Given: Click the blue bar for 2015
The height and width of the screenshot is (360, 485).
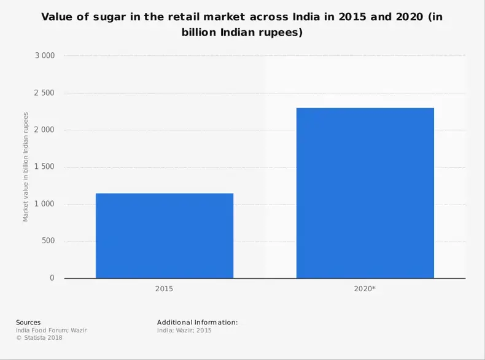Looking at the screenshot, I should click(x=165, y=236).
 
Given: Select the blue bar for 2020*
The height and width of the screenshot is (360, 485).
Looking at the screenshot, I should click(x=365, y=193).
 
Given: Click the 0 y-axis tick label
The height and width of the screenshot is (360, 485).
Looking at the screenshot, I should click(x=52, y=278).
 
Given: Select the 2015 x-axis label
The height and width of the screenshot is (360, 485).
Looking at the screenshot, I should click(x=165, y=288).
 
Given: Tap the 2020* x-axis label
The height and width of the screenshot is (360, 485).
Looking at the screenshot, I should click(x=365, y=288).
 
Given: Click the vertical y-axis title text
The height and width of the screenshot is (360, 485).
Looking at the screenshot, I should click(x=26, y=166).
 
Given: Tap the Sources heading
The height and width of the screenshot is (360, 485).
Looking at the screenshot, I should click(x=28, y=322).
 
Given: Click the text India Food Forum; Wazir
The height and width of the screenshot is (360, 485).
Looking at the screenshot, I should click(x=51, y=330).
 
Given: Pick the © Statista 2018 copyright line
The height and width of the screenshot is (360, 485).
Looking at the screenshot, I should click(x=39, y=337).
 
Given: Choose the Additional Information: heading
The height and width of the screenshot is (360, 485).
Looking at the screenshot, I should click(x=197, y=322).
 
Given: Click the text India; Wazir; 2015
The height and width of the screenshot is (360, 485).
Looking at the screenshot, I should click(x=184, y=330).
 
